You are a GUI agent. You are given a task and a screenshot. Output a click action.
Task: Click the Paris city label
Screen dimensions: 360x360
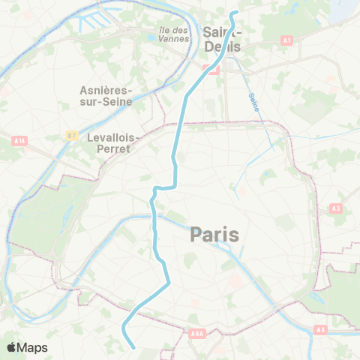(x=214, y=235)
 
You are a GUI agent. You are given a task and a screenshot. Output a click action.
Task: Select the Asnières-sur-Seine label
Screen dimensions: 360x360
(x=106, y=95)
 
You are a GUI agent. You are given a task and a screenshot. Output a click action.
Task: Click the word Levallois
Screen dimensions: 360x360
(x=109, y=138)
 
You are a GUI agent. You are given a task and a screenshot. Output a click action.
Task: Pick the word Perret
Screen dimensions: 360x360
(x=109, y=148)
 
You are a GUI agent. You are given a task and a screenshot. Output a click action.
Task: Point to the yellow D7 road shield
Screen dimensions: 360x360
(x=72, y=135)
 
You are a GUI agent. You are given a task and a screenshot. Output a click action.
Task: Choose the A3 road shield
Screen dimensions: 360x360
(x=334, y=208)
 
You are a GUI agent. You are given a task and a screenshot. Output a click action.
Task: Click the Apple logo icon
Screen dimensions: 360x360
(x=12, y=347)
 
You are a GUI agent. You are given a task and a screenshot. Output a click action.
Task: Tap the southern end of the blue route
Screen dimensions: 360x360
(x=133, y=347)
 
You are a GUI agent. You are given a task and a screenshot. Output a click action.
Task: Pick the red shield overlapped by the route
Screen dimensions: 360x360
(x=212, y=70)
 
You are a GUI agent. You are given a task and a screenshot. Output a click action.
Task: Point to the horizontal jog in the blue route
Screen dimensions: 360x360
(x=163, y=187)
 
